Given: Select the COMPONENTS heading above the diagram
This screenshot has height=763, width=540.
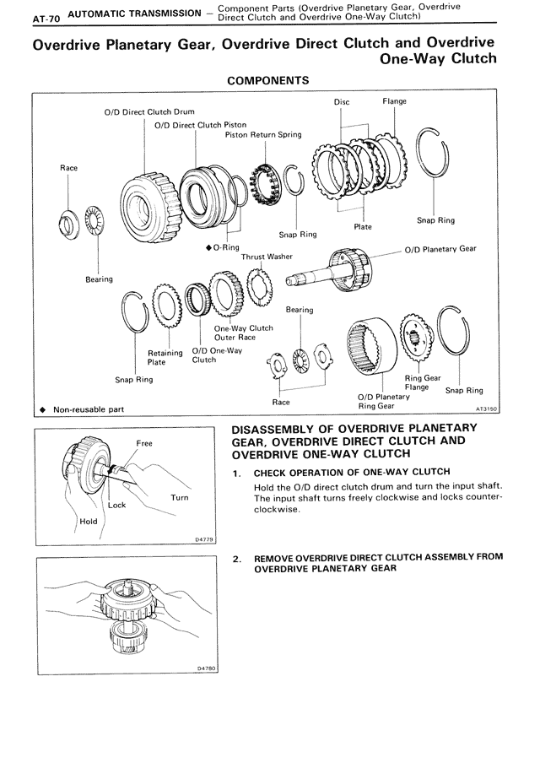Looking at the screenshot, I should [x=268, y=80].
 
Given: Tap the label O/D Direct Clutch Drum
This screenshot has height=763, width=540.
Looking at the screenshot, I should [x=137, y=111].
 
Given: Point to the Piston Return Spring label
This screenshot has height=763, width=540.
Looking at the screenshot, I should [x=263, y=134].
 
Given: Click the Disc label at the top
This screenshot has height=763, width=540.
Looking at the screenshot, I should [x=341, y=102].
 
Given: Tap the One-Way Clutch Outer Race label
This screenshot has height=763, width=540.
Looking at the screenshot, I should [x=244, y=333].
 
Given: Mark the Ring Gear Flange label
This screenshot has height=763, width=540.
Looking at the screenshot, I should [x=423, y=383].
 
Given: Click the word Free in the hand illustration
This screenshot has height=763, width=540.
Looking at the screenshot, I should [x=144, y=443].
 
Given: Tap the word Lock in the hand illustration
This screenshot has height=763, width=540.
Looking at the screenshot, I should [x=116, y=506].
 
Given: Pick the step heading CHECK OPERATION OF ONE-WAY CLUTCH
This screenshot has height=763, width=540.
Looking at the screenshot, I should [x=352, y=472].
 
